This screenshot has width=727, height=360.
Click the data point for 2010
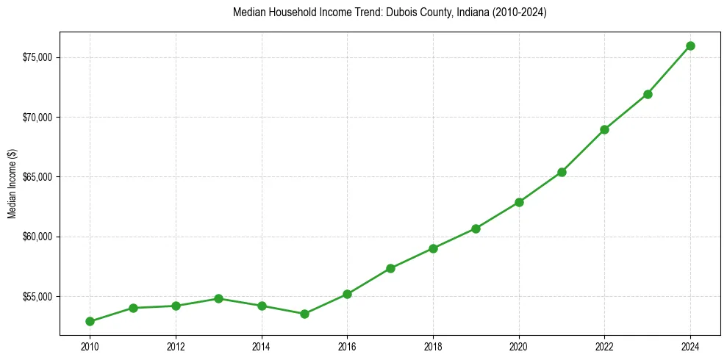point(90,321)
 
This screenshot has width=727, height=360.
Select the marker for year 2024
point(690,46)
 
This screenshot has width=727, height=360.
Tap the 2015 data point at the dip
point(304,314)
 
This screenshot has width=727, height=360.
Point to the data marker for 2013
point(218,298)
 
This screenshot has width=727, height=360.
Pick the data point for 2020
point(519,202)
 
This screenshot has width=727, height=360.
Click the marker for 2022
point(604,129)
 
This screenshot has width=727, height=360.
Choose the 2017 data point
point(390,268)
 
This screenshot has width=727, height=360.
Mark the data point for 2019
point(476,228)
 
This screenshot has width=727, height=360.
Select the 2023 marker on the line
point(648,94)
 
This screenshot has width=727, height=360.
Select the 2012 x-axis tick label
point(176,345)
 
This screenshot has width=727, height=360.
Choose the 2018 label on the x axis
point(433,345)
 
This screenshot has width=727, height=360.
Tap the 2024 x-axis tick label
point(690,345)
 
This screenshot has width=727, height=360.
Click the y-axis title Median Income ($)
point(12,184)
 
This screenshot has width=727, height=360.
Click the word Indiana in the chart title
point(461,12)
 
